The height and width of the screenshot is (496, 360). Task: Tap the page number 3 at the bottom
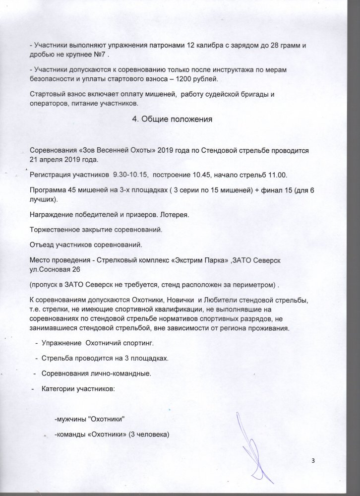[313, 460]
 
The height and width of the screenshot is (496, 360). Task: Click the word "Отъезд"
[42, 246]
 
